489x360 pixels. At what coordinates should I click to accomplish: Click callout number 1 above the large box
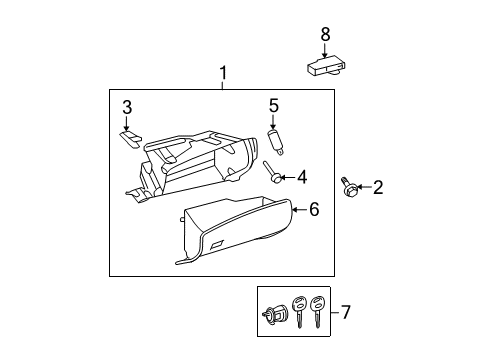[x=223, y=73]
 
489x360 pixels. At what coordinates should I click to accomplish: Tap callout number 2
[x=378, y=187]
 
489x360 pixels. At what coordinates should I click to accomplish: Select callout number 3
[x=127, y=108]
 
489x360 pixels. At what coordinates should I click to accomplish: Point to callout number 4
[x=302, y=177]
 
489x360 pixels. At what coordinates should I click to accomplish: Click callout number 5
[x=273, y=106]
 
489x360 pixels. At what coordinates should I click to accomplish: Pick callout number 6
[x=314, y=209]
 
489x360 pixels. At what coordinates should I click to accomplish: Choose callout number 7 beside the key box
[x=345, y=312]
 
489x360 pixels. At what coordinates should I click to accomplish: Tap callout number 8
[x=325, y=34]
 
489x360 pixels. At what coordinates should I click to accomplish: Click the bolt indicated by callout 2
[x=349, y=187]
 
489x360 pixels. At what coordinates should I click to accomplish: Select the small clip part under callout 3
[x=131, y=139]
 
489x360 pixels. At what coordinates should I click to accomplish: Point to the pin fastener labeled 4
[x=273, y=172]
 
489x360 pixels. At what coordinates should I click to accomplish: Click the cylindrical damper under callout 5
[x=277, y=142]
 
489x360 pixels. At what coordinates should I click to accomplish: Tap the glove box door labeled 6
[x=234, y=230]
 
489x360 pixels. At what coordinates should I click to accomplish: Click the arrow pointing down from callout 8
[x=324, y=51]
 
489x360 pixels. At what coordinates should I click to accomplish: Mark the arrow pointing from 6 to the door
[x=300, y=210]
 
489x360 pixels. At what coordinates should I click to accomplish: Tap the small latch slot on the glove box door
[x=217, y=245]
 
